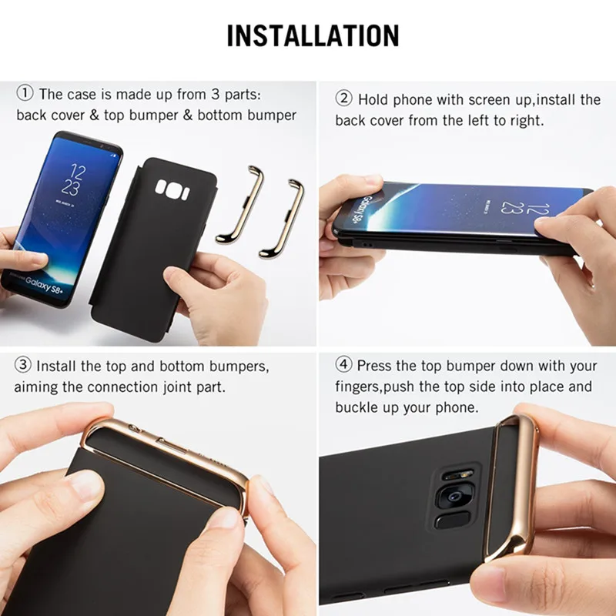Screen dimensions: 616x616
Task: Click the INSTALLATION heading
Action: [313, 35]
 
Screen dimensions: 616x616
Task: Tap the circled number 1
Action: [25, 93]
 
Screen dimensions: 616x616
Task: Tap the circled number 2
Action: [343, 99]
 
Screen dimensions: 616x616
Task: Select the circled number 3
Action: [22, 365]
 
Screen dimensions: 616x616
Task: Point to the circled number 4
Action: [343, 364]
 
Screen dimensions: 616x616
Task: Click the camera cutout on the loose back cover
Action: [172, 189]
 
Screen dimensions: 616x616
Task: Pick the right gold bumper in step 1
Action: [282, 218]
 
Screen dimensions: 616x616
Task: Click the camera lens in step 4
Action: [455, 497]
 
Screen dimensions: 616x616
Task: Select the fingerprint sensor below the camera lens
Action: [452, 521]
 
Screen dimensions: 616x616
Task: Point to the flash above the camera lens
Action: [458, 476]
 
